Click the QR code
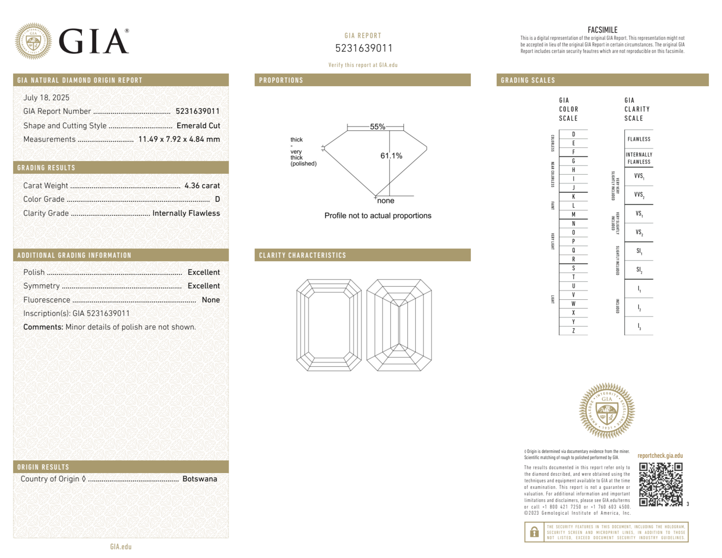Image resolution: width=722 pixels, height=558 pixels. click(660, 484)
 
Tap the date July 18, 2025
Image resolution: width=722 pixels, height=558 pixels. click(46, 97)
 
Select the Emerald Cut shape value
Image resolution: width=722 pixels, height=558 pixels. click(198, 126)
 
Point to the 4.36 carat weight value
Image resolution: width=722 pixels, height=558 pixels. click(202, 186)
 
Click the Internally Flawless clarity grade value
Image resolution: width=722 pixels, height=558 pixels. click(186, 213)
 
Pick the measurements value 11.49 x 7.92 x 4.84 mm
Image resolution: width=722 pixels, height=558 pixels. click(179, 139)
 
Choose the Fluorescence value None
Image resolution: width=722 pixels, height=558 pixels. click(211, 300)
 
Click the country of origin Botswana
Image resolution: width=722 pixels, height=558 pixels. click(200, 479)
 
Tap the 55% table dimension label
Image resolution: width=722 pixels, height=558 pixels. click(377, 127)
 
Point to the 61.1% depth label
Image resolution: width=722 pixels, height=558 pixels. click(391, 156)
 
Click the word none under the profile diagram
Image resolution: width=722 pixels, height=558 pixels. click(385, 201)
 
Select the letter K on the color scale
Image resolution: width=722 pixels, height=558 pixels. click(573, 197)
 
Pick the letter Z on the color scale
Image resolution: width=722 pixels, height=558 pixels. click(573, 331)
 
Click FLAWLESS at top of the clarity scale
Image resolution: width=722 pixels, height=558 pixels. click(639, 139)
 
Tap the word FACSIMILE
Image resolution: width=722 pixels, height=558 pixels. click(602, 30)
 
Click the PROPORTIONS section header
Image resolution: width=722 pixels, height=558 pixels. click(281, 80)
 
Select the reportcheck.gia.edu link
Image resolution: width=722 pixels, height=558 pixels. click(660, 455)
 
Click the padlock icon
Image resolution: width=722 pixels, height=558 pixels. click(534, 532)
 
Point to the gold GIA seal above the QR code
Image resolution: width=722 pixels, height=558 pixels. click(607, 410)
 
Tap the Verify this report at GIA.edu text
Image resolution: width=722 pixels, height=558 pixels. click(363, 65)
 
